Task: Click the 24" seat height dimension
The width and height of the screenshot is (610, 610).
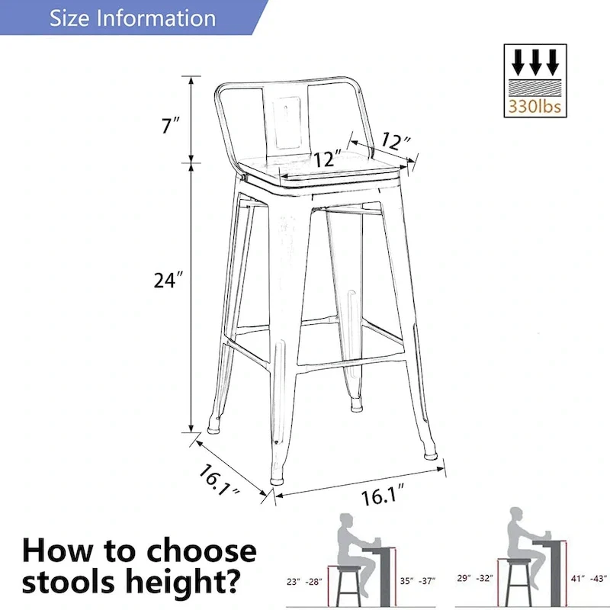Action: tap(169, 281)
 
